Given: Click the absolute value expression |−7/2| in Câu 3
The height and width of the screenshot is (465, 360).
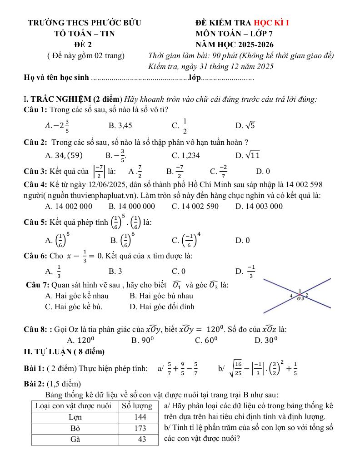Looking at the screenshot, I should pyautogui.click(x=99, y=171).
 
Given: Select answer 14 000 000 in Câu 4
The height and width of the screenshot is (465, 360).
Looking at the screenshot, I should pyautogui.click(x=132, y=206).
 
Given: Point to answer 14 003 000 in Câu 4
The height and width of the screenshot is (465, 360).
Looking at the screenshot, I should pyautogui.click(x=259, y=206).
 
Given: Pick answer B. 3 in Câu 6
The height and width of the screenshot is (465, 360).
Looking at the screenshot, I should pyautogui.click(x=115, y=272).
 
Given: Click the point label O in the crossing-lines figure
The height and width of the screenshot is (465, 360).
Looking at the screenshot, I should pyautogui.click(x=299, y=298).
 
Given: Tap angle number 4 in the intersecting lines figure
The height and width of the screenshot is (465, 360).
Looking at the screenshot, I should pyautogui.click(x=291, y=296).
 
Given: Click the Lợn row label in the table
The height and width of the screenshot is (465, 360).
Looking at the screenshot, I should pyautogui.click(x=75, y=417).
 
